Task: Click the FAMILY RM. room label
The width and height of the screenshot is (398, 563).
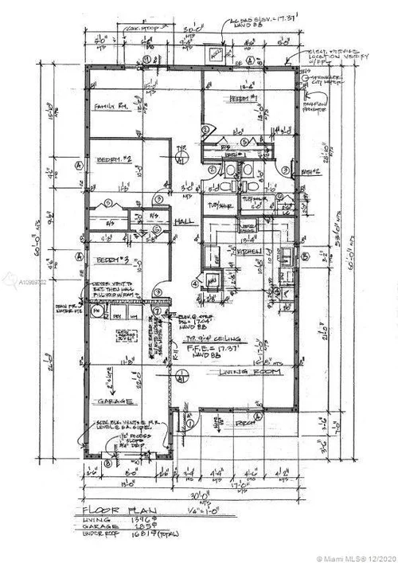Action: pyautogui.click(x=112, y=107)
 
